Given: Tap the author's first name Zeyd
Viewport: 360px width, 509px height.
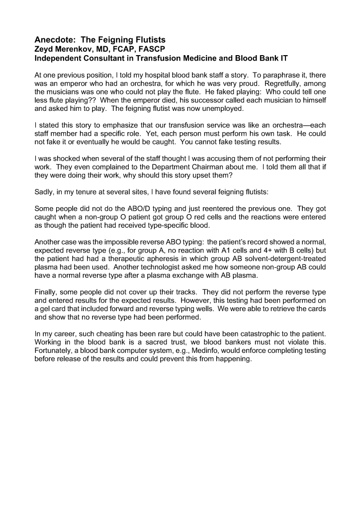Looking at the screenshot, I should tap(45, 49).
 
